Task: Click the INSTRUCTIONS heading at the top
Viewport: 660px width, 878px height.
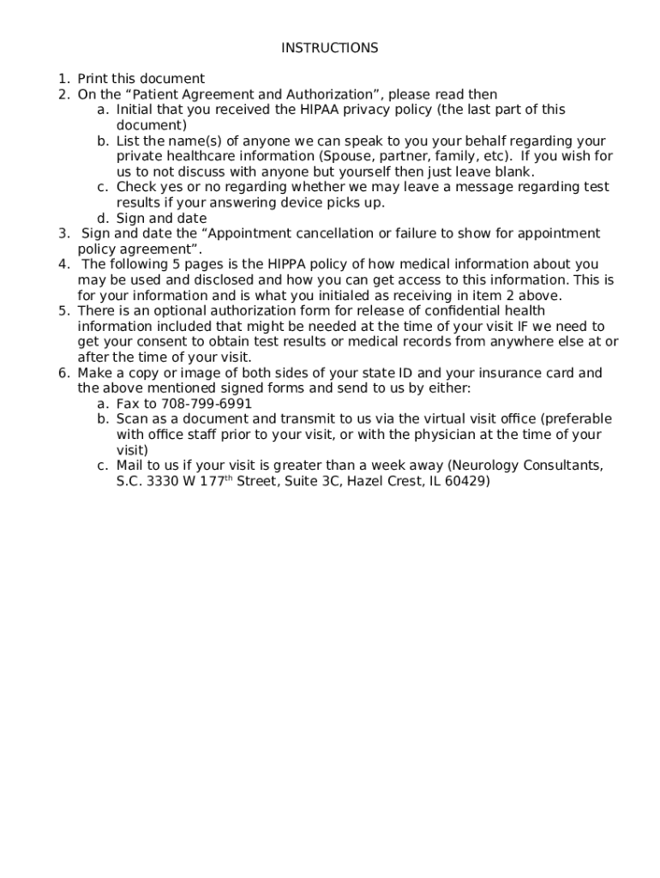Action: [329, 48]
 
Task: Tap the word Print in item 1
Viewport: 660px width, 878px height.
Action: [93, 79]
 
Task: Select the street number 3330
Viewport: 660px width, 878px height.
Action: [163, 482]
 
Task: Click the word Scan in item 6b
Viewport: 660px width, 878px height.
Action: [132, 419]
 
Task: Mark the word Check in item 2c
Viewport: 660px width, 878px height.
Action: [135, 187]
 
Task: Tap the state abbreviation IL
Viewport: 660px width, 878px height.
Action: [436, 482]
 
